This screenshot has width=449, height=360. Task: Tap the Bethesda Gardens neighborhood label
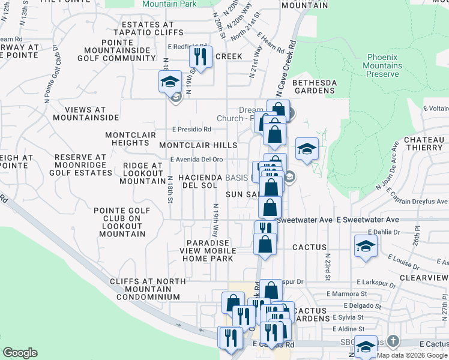[313, 86]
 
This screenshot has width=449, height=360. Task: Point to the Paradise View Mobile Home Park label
[208, 250]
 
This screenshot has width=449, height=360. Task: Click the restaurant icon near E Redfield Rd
[200, 56]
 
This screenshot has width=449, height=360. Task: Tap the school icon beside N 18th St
[170, 80]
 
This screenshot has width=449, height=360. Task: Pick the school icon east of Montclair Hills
[306, 149]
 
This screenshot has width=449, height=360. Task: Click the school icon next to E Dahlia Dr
[366, 246]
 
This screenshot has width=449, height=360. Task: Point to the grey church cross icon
[393, 341]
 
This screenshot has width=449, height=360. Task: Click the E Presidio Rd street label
[191, 129]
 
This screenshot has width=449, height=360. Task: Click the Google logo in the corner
[20, 352]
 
